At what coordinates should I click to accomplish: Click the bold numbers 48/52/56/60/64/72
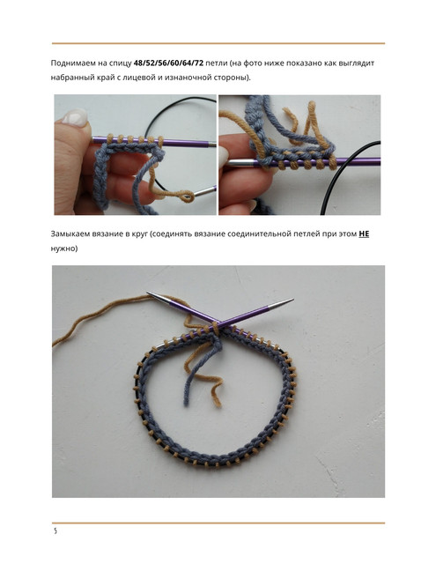pos(168,63)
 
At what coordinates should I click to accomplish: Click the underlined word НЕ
pos(364,234)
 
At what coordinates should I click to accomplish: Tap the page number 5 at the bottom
pos(55,531)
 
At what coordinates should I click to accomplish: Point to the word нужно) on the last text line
pos(64,249)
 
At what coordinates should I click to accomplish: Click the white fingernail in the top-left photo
pos(75,117)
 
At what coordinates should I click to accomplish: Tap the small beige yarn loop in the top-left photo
pos(187,197)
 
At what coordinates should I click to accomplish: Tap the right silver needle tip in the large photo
pos(282,304)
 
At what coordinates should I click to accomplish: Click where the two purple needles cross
pos(215,323)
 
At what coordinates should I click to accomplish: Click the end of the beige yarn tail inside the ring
pos(218,405)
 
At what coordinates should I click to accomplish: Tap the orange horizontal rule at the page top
pos(218,43)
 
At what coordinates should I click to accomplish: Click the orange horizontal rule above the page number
pos(218,523)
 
